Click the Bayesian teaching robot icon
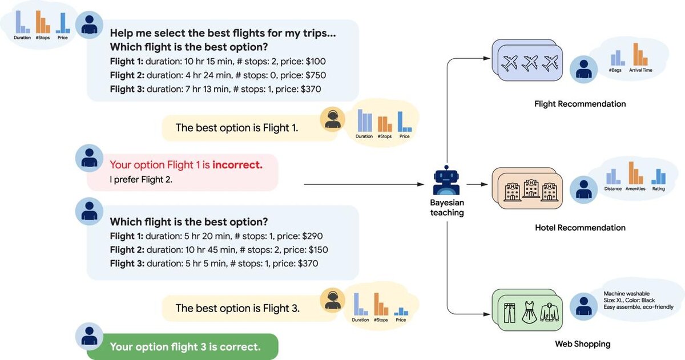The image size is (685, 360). [446, 180]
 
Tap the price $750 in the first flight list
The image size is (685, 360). [316, 75]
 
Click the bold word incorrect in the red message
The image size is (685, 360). [237, 165]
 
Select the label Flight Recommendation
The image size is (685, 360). [580, 104]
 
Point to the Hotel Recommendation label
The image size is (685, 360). [580, 228]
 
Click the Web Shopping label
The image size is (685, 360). [583, 344]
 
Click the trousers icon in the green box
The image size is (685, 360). [509, 313]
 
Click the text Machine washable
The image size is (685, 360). [626, 293]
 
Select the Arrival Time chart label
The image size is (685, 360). [640, 70]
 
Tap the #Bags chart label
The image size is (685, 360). [615, 70]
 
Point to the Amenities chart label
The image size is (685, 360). [635, 189]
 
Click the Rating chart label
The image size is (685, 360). [658, 189]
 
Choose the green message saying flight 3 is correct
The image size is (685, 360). [183, 346]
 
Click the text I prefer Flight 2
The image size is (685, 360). [141, 179]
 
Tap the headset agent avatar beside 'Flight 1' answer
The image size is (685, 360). [332, 119]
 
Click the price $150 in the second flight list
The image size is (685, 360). [318, 250]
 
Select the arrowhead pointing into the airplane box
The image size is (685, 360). [486, 58]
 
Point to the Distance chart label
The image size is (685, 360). [613, 189]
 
